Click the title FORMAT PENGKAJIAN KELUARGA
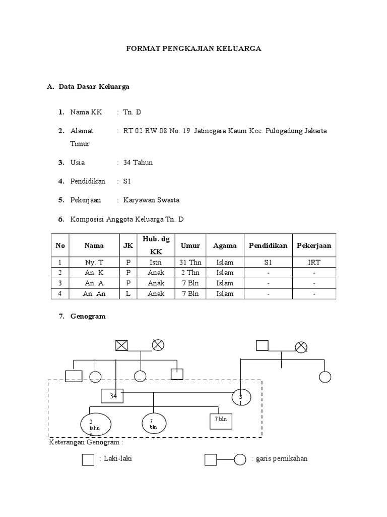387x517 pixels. [193, 49]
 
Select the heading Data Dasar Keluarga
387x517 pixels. [94, 86]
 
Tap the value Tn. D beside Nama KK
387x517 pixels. [133, 112]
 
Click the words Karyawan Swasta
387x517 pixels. [151, 200]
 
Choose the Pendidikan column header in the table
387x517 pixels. [268, 246]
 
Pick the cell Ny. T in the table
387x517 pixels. [94, 263]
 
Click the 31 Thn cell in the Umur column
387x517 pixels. [190, 263]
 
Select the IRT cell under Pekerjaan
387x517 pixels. [314, 263]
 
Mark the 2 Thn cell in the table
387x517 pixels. [190, 273]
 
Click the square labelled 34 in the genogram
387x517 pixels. [113, 397]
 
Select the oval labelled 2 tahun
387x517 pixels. [96, 425]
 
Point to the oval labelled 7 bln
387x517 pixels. [153, 423]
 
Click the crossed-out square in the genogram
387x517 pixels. [121, 346]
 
